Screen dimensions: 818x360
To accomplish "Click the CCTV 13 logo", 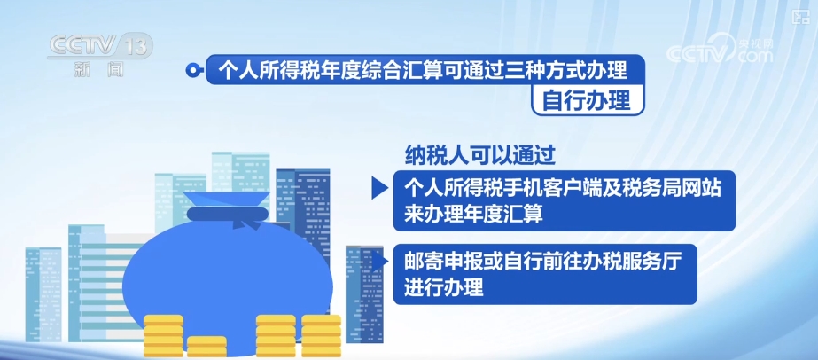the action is (100, 46).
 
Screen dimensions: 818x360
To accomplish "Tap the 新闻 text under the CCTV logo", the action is (99, 69).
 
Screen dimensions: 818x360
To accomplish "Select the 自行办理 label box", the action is (587, 100).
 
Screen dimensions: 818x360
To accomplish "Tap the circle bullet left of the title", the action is (193, 70).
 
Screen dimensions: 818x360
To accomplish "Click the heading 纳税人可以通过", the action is (480, 154).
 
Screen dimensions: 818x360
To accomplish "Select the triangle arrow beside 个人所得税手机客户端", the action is (379, 188).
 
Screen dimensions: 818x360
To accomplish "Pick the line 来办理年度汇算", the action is (473, 215).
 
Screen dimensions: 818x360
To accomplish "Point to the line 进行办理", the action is (443, 288).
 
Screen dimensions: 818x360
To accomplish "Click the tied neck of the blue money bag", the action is (228, 214).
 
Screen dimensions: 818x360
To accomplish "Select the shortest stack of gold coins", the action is (206, 346).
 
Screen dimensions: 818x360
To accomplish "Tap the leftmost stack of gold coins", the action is (163, 335).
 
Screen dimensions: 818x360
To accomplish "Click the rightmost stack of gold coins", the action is (322, 335).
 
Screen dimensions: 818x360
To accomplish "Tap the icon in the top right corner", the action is (798, 16).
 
